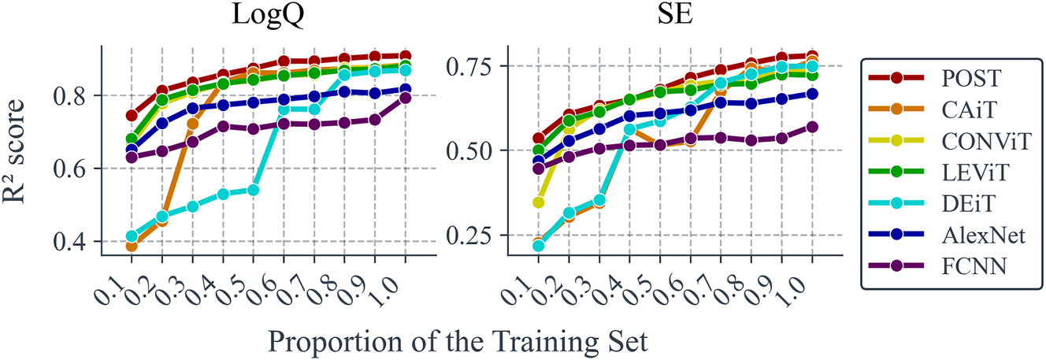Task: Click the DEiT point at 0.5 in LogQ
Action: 254,190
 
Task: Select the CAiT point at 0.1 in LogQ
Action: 132,246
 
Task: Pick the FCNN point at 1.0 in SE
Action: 812,127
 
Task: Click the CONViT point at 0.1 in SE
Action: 539,202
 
